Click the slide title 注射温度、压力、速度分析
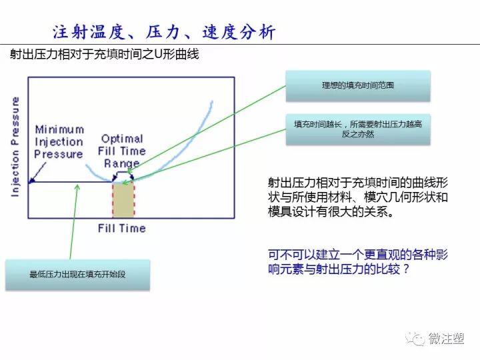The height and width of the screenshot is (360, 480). [x=163, y=31]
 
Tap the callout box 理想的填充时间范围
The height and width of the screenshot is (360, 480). [x=357, y=86]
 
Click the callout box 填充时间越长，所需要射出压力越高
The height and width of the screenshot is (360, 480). [x=357, y=128]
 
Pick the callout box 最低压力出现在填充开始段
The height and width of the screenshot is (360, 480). [x=77, y=275]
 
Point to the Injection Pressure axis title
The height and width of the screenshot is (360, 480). [x=15, y=147]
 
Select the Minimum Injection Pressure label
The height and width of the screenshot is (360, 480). [x=59, y=142]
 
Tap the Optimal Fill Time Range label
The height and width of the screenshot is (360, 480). [x=122, y=151]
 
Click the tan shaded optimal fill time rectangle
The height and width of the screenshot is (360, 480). [x=123, y=199]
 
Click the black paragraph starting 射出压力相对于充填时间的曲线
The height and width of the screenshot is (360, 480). [x=357, y=197]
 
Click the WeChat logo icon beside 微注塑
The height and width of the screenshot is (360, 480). [x=417, y=339]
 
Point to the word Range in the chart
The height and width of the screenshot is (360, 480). [x=122, y=163]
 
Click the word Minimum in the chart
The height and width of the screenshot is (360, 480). [x=59, y=129]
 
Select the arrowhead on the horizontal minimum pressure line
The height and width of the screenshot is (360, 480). [x=32, y=181]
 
